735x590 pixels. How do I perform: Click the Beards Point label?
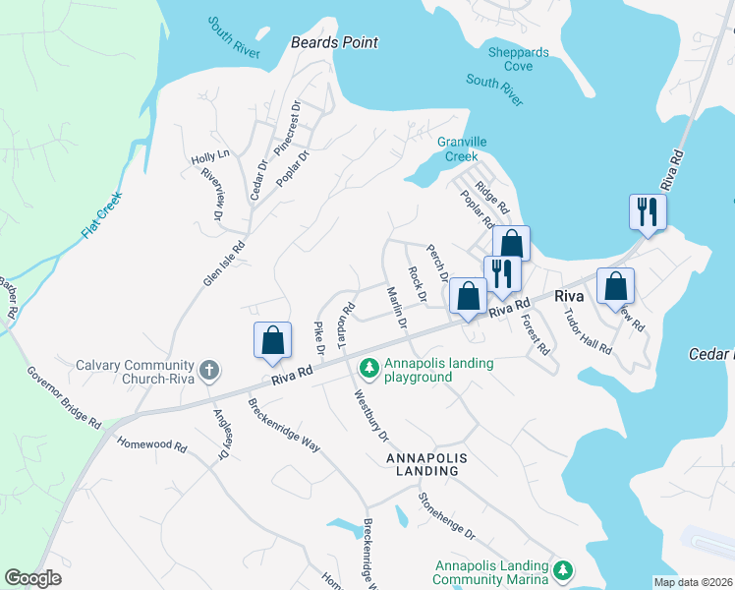pyautogui.click(x=334, y=43)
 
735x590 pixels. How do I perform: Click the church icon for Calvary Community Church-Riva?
pyautogui.click(x=208, y=371)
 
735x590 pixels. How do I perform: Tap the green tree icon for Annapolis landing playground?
pyautogui.click(x=368, y=369)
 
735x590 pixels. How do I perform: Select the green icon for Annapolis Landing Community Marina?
pyautogui.click(x=562, y=570)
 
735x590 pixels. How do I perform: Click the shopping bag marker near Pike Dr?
pyautogui.click(x=273, y=340)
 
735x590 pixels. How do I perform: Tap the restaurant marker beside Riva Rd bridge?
pyautogui.click(x=648, y=212)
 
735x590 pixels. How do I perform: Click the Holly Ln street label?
pyautogui.click(x=209, y=155)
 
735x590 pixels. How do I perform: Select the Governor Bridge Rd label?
pyautogui.click(x=64, y=397)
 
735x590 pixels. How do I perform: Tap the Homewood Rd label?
pyautogui.click(x=151, y=444)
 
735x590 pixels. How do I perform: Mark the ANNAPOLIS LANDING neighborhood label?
pyautogui.click(x=423, y=465)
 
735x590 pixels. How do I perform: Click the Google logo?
pyautogui.click(x=33, y=578)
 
